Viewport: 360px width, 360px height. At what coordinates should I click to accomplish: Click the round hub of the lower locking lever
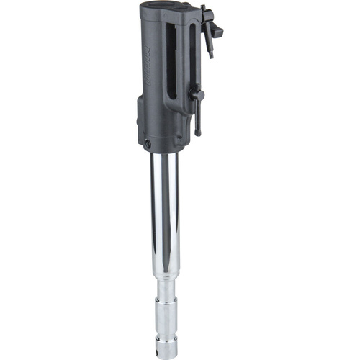click(195, 94)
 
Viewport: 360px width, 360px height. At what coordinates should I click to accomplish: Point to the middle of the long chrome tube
click(164, 216)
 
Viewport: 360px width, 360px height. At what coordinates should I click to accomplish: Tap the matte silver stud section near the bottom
click(165, 317)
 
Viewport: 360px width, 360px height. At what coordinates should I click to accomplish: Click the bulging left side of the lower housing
click(140, 122)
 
